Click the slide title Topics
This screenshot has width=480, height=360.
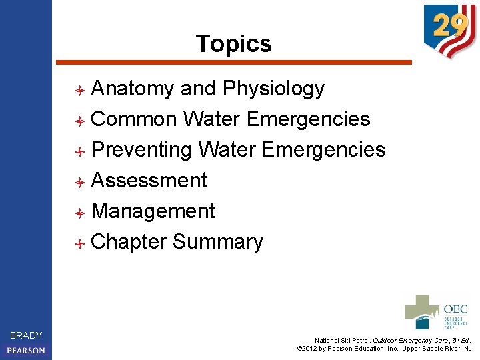(234, 44)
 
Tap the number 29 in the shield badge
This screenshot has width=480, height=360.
(449, 27)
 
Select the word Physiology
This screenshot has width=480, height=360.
(273, 89)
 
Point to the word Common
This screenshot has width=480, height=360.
(134, 119)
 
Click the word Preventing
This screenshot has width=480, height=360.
(141, 150)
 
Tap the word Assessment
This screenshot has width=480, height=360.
(149, 181)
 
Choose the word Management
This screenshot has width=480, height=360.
(153, 211)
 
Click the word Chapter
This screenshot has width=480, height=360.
(129, 242)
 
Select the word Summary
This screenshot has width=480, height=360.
(218, 242)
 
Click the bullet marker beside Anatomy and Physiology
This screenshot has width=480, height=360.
(79, 90)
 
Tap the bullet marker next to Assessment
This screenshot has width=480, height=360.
(79, 182)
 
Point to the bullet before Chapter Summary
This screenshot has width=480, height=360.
(79, 243)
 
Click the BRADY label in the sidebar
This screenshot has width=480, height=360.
(26, 335)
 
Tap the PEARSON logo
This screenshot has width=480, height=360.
(26, 350)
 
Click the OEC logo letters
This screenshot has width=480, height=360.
(455, 309)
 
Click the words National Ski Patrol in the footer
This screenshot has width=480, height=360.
(343, 340)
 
